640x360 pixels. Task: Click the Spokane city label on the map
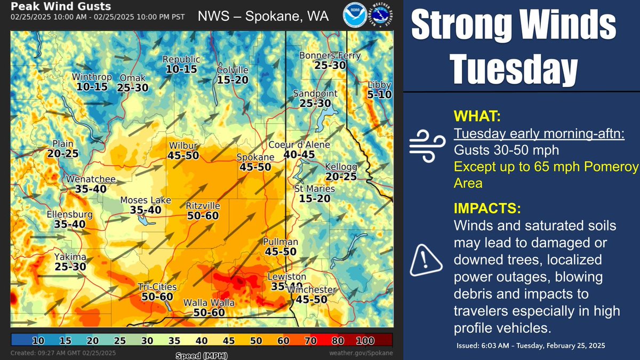pos(255,157)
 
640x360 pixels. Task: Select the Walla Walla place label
pos(204,303)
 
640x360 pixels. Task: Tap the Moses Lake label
pos(146,201)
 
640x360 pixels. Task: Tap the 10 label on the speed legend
pos(37,340)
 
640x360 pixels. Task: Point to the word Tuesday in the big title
pos(515,68)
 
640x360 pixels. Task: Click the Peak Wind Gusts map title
pos(61,7)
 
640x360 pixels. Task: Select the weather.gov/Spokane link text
pos(362,353)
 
